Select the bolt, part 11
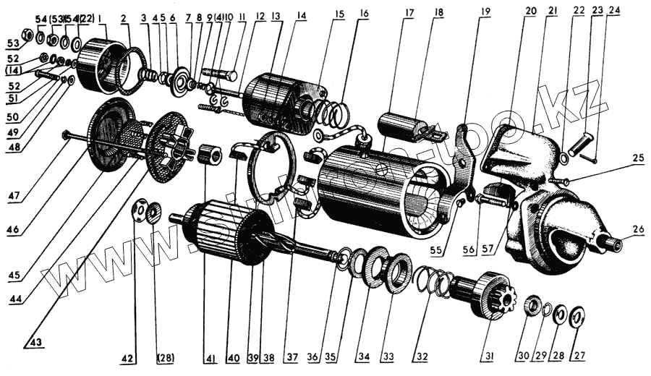point(221,74)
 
